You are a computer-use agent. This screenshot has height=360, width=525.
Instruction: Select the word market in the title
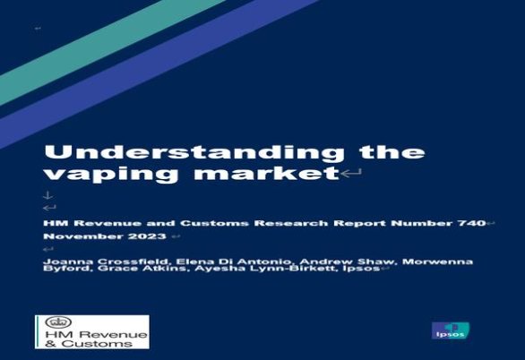pos(267,173)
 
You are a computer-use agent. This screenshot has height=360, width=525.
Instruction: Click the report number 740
pos(471,223)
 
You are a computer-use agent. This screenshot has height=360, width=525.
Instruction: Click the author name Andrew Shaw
pos(346,261)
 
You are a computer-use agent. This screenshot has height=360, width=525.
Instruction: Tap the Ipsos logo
pos(450,330)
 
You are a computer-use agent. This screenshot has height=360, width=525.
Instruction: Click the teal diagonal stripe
pos(110,50)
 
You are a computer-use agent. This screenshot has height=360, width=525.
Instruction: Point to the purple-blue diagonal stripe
pos(158,73)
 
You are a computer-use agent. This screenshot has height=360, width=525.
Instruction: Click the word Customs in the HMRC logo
pos(97,343)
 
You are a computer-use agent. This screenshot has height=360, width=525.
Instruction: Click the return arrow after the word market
pos(351,174)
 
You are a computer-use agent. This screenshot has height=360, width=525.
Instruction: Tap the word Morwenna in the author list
pos(437,261)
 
